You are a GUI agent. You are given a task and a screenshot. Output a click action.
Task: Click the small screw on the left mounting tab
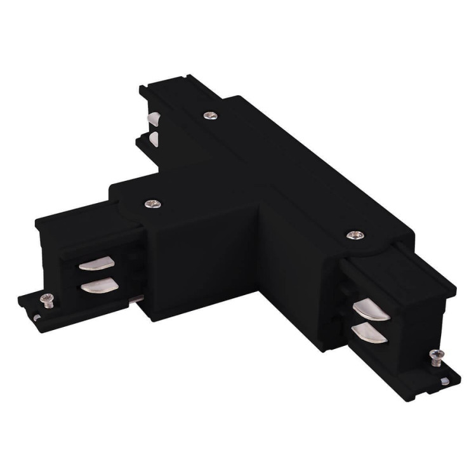click(x=46, y=299)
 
